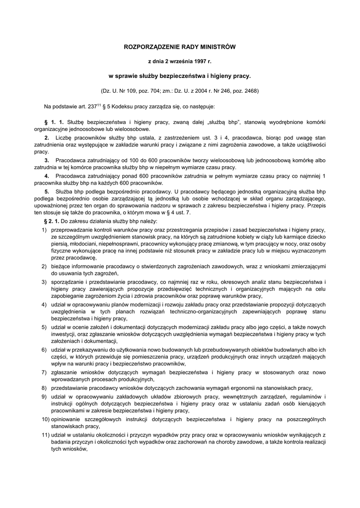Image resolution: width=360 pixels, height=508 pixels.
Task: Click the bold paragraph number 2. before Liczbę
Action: point(47,137)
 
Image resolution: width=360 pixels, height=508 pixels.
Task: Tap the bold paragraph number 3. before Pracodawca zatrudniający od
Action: point(47,161)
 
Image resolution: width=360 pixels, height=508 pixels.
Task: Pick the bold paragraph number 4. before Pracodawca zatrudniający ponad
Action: point(47,176)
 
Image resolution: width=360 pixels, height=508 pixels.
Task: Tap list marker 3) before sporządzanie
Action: point(44,282)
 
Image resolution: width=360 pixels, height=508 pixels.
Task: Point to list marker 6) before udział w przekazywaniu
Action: point(44,350)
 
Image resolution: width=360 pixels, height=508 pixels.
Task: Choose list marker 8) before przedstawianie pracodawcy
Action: point(44,387)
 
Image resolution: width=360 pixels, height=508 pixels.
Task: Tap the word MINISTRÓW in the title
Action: point(216,47)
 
